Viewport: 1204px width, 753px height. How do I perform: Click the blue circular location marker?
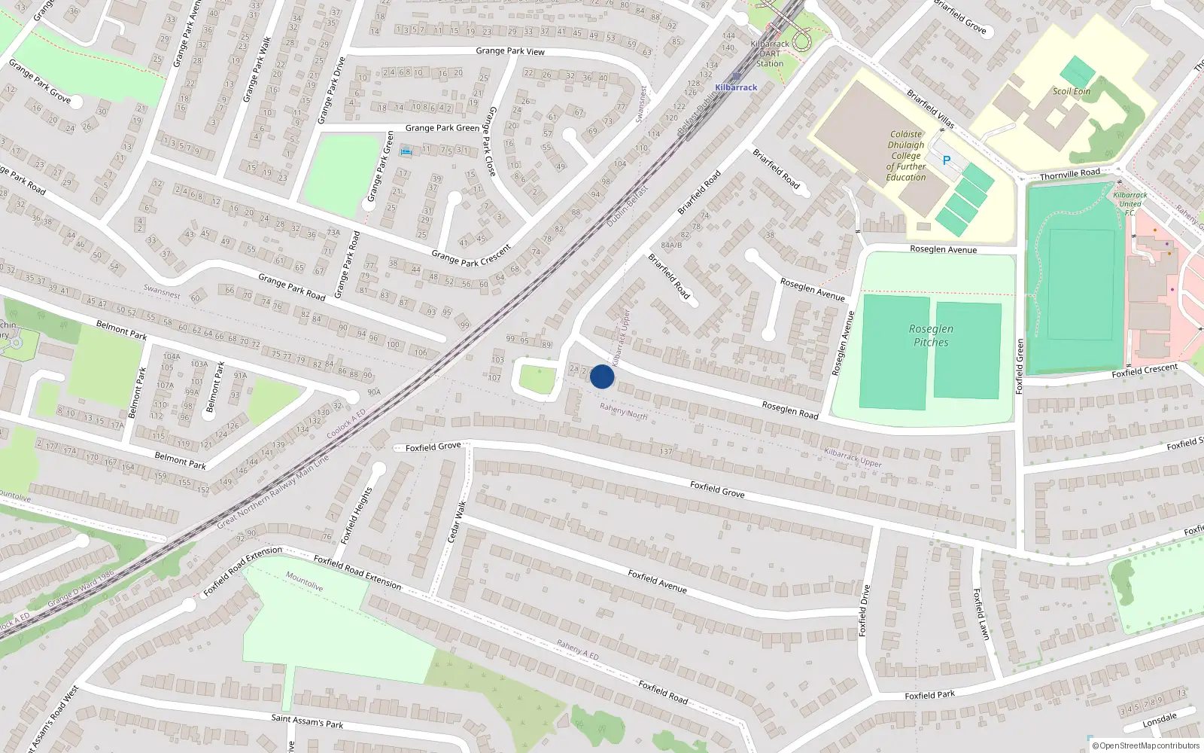coord(602,376)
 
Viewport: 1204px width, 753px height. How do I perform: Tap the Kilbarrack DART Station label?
coord(770,53)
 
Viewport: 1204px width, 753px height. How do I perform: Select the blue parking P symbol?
coord(947,160)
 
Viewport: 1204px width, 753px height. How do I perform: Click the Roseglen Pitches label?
coord(931,335)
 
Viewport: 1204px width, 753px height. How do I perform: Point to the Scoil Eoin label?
coord(1072,91)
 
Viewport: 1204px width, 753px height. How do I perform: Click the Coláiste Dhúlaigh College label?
coord(906,156)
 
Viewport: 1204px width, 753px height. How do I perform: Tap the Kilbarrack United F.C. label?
coord(1130,203)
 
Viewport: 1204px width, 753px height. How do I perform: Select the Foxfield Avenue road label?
coord(657,581)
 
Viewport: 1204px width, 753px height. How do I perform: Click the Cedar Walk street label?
coord(457,521)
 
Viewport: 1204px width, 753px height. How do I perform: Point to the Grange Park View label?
coord(510,51)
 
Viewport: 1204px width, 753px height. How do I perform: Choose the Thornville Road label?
coord(1069,175)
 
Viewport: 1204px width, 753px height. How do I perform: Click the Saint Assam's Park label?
coord(307,721)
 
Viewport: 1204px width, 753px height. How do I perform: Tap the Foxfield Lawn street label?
coord(981,614)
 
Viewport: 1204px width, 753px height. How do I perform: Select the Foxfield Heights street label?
coord(357,515)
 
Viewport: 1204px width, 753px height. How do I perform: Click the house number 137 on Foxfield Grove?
coord(666,452)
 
